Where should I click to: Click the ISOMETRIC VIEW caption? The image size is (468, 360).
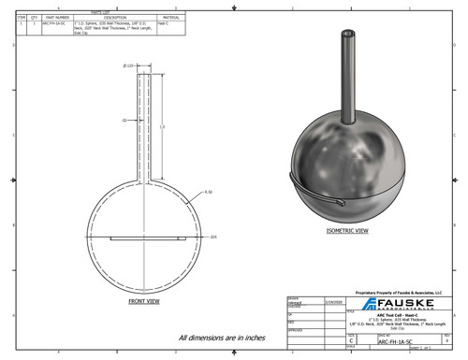[347, 228]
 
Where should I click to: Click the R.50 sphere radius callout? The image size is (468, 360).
[208, 192]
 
